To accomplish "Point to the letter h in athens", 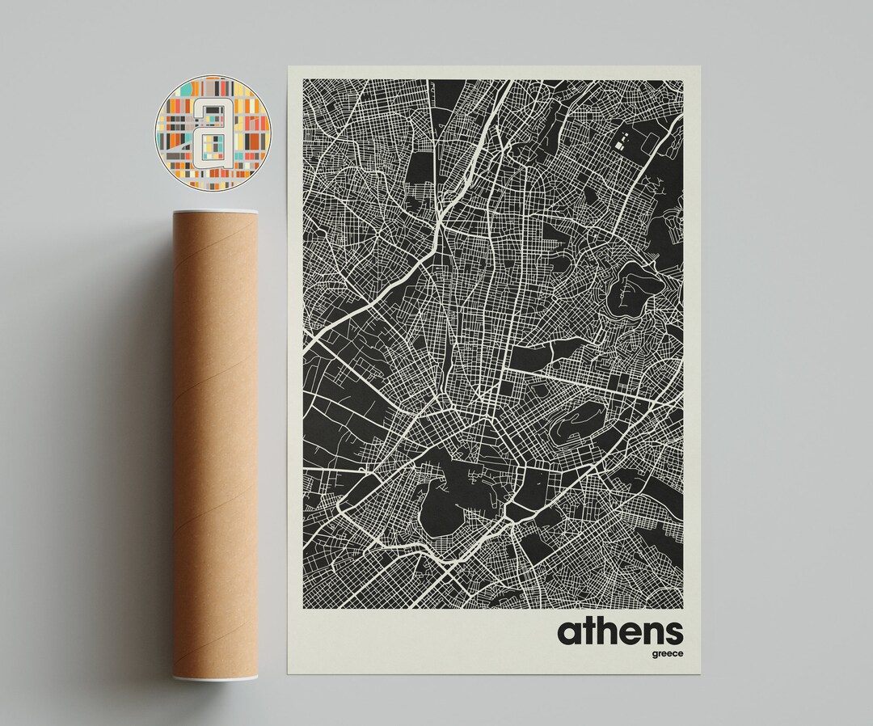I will click(596, 630).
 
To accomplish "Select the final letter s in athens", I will click(673, 632).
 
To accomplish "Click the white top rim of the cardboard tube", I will click(215, 213).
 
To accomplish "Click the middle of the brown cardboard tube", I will click(215, 445).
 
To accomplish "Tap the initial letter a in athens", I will click(567, 632).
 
